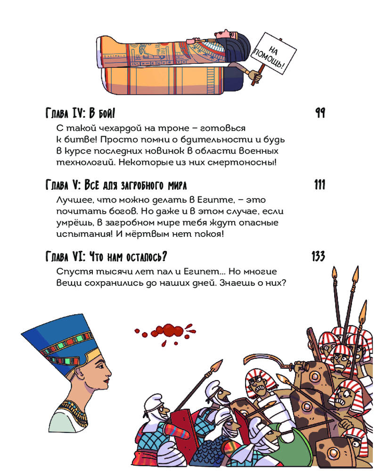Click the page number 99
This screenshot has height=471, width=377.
320,113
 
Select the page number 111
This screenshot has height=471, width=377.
320,185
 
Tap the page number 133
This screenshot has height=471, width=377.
319,256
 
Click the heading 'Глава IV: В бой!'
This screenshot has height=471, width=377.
80,113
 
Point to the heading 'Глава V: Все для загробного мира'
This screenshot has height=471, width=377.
116,185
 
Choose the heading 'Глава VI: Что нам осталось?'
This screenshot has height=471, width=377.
106,257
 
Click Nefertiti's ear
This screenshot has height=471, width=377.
79,373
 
